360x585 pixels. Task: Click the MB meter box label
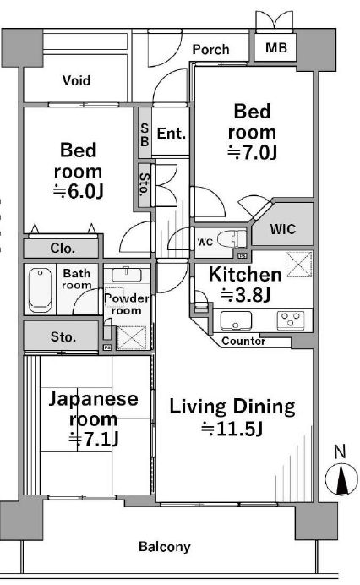[276, 47]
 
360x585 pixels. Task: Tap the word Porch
[210, 49]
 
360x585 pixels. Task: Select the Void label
[76, 80]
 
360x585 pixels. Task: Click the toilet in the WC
[232, 239]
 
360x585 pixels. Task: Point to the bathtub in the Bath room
[40, 290]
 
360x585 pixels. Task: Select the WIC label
[283, 229]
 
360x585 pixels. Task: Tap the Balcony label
[165, 547]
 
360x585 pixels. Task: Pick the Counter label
[243, 341]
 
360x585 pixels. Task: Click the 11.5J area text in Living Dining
[232, 429]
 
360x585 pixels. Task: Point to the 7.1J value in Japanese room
[94, 439]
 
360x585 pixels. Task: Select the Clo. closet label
[63, 248]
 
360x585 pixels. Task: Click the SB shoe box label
[145, 134]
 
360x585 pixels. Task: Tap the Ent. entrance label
[172, 134]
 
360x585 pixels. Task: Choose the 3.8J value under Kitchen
[245, 296]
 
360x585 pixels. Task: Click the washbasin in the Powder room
[127, 274]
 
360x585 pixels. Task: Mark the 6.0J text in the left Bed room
[78, 191]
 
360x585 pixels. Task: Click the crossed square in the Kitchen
[299, 265]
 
